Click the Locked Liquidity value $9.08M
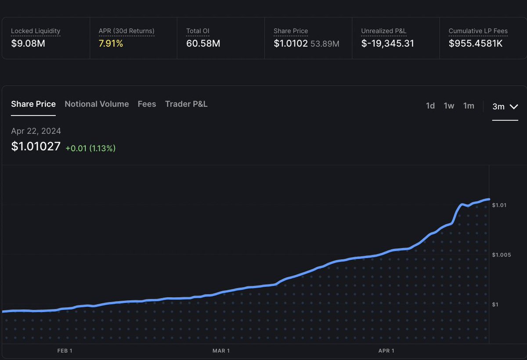click(28, 43)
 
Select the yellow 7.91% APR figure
click(111, 43)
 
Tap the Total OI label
click(198, 31)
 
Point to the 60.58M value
click(203, 43)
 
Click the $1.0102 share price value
click(290, 43)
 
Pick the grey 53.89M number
click(325, 44)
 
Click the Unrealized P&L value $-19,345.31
click(387, 43)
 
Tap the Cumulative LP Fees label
click(478, 31)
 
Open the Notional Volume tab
click(97, 104)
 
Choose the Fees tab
click(147, 104)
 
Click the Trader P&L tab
click(186, 104)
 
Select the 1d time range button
click(430, 106)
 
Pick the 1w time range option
click(449, 106)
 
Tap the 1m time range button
click(469, 106)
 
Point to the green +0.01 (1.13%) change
click(90, 149)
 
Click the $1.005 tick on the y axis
click(501, 255)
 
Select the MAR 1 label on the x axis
click(221, 350)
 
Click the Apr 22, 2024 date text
click(36, 131)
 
